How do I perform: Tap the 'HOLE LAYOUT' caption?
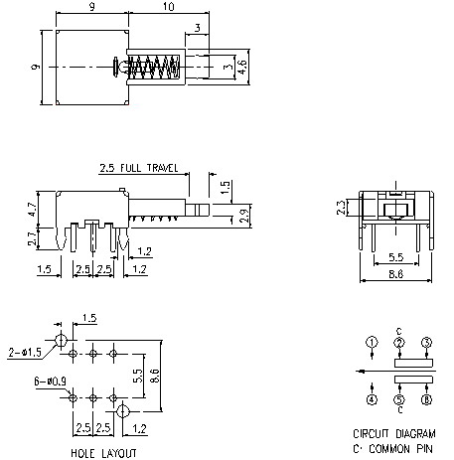pos(101,452)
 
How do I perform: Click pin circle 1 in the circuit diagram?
pos(371,344)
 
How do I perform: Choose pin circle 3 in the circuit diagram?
pos(427,344)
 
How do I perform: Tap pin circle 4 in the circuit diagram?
pos(371,400)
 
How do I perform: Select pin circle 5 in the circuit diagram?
pos(399,400)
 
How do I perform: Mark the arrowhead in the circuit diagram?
pos(361,373)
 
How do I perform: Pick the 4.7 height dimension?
pos(32,210)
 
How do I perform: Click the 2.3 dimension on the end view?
pos(341,207)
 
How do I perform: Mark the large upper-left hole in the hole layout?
pos(62,340)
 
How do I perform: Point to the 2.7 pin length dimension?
pos(32,238)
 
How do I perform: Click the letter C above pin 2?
pos(399,331)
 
